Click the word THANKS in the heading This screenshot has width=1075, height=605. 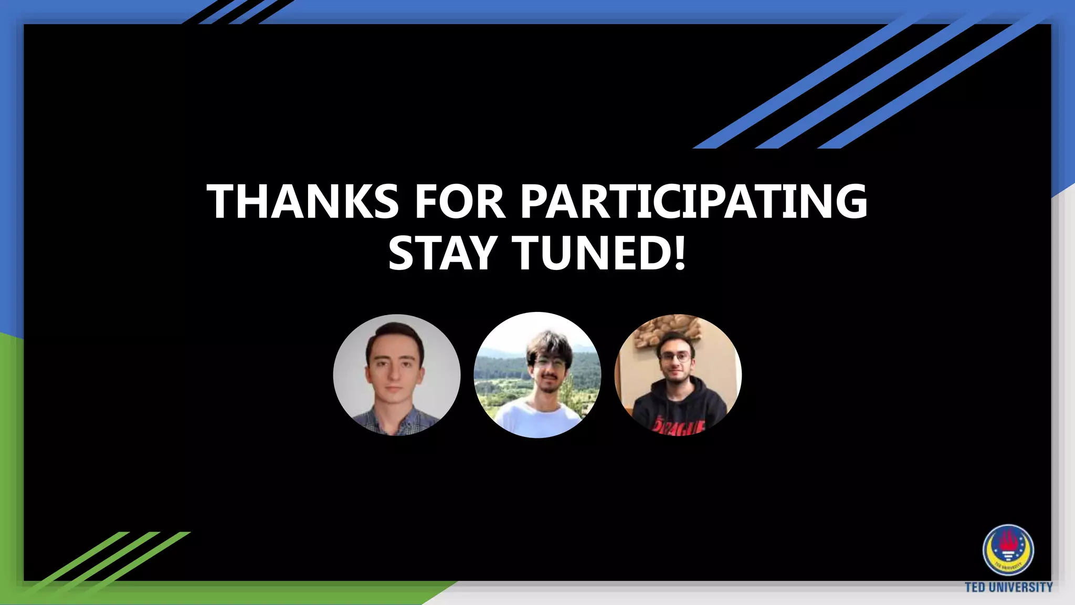pyautogui.click(x=303, y=202)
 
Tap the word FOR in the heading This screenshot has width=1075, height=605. pyautogui.click(x=460, y=202)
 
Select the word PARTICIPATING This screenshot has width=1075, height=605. pyautogui.click(x=693, y=202)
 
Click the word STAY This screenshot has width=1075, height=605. pyautogui.click(x=442, y=253)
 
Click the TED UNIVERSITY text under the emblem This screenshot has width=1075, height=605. pyautogui.click(x=1008, y=587)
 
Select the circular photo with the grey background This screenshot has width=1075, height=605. pyautogui.click(x=397, y=374)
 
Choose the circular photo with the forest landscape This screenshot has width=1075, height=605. pyautogui.click(x=537, y=374)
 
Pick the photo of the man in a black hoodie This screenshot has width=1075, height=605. pyautogui.click(x=678, y=374)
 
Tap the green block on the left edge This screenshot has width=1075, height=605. pyautogui.click(x=10, y=462)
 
